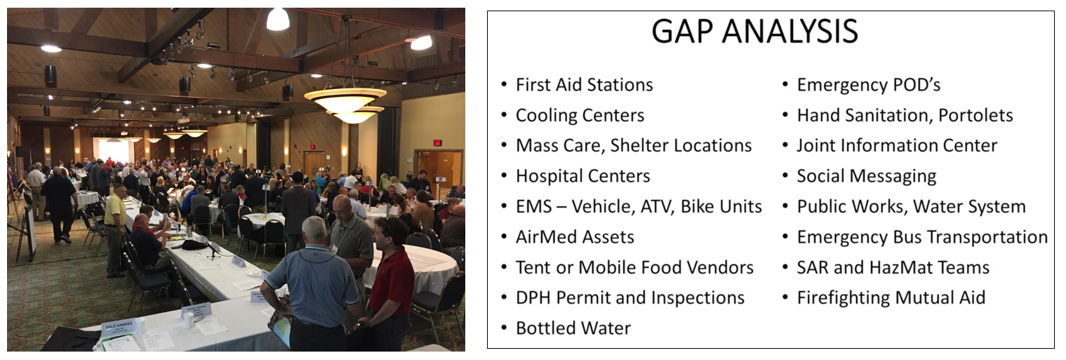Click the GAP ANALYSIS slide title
point(754,32)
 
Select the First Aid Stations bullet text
point(585,85)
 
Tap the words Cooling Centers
point(580,115)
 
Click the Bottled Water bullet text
point(573,328)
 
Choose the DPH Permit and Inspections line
point(630,298)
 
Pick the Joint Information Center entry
point(897,145)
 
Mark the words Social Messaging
point(867,176)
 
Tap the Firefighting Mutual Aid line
point(891,298)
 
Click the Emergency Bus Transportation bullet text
point(922,236)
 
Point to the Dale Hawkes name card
point(117,326)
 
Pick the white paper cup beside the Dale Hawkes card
point(140,326)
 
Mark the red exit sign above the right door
point(437,142)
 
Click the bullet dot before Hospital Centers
point(504,176)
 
